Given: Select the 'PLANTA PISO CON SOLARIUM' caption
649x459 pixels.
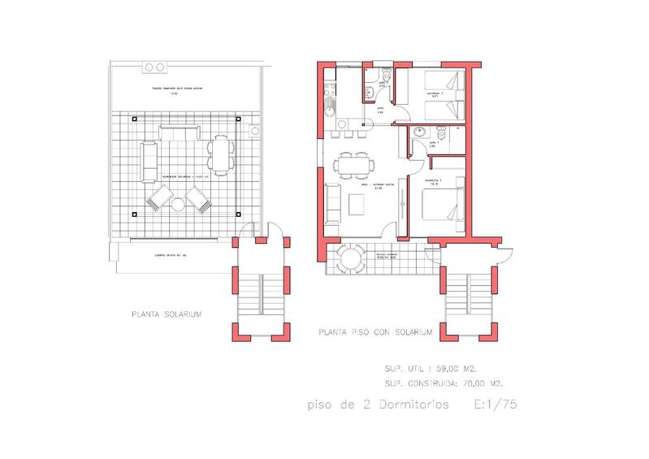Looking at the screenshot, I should (376, 332).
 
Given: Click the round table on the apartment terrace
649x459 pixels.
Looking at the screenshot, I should (353, 260).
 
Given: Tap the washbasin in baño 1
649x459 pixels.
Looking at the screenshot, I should (419, 131).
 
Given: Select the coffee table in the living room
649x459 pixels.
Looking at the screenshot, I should (357, 206).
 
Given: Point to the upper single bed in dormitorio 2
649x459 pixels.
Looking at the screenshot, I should (446, 81).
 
